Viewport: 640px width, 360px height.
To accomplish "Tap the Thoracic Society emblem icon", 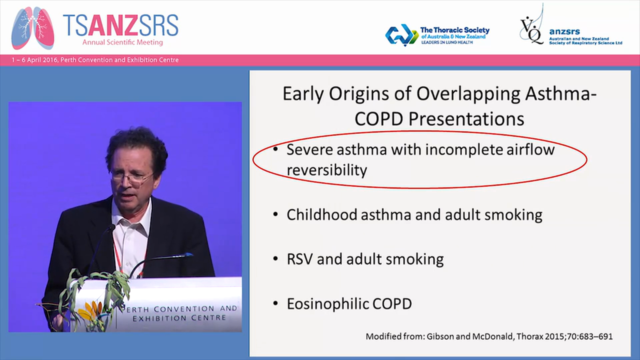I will tap(401, 34).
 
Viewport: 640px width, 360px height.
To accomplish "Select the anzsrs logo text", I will tap(564, 31).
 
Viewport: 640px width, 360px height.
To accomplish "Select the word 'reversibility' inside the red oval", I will tap(326, 170).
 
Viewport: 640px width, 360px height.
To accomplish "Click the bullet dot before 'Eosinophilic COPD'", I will tap(275, 303).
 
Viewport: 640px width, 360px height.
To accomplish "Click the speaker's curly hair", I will tap(136, 142).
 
